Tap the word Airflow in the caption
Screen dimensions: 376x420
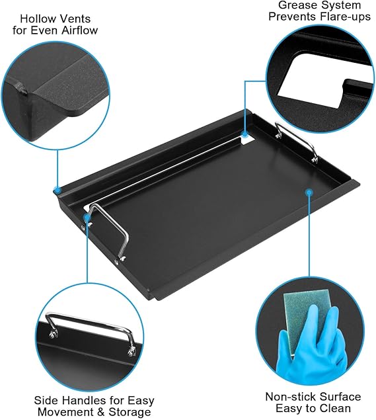[x=80, y=30]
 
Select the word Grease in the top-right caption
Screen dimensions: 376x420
[x=296, y=5]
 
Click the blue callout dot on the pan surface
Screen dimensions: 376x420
[x=309, y=192]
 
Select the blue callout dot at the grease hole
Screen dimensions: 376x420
[x=244, y=134]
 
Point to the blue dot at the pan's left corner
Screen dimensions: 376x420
[x=57, y=190]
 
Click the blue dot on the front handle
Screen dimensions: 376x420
[x=87, y=216]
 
